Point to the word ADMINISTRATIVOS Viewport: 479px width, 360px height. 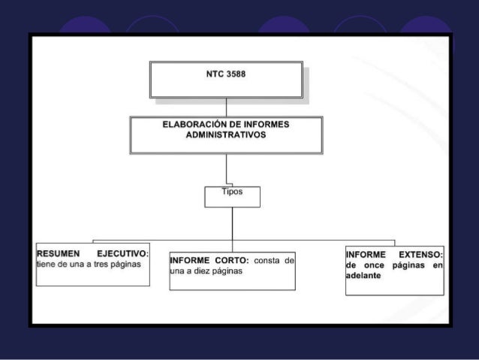pyautogui.click(x=225, y=135)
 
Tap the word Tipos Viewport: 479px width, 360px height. pyautogui.click(x=232, y=192)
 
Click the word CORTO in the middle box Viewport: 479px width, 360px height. pyautogui.click(x=229, y=261)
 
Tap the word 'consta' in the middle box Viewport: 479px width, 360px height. pyautogui.click(x=267, y=261)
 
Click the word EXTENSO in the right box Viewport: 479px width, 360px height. pyautogui.click(x=420, y=254)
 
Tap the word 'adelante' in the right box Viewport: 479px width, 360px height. pyautogui.click(x=363, y=276)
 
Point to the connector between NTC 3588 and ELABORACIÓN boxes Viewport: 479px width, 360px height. pyautogui.click(x=226, y=107)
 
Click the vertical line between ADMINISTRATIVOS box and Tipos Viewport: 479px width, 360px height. pyautogui.click(x=226, y=169)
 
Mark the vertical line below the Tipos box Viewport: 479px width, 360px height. pyautogui.click(x=232, y=218)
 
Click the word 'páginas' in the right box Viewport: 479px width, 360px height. pyautogui.click(x=410, y=265)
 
